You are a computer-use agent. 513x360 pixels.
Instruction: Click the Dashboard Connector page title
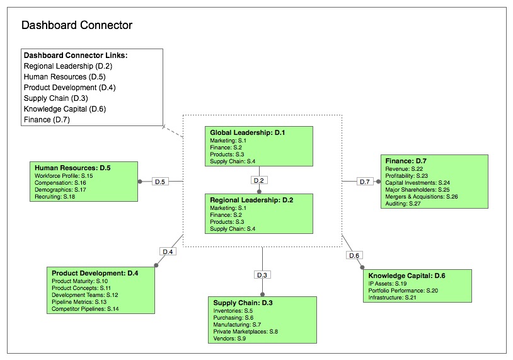coord(77,26)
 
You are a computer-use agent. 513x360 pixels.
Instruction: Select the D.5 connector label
coord(160,182)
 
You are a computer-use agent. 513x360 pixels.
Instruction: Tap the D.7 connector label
coord(364,182)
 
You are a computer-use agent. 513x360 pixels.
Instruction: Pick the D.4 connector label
coord(168,252)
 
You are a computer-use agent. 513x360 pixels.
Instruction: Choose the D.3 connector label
coord(262,275)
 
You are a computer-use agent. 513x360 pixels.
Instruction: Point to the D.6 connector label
coord(354,255)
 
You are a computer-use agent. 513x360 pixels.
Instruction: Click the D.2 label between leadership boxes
coord(258,180)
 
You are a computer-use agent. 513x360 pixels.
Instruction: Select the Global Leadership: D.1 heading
coord(248,133)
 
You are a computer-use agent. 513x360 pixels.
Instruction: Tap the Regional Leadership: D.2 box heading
coord(251,199)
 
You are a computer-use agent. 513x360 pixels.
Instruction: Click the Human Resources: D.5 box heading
coord(72,168)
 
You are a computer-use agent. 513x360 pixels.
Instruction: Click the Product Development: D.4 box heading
coord(95,273)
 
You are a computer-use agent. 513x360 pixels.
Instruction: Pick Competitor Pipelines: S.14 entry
coord(85,309)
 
